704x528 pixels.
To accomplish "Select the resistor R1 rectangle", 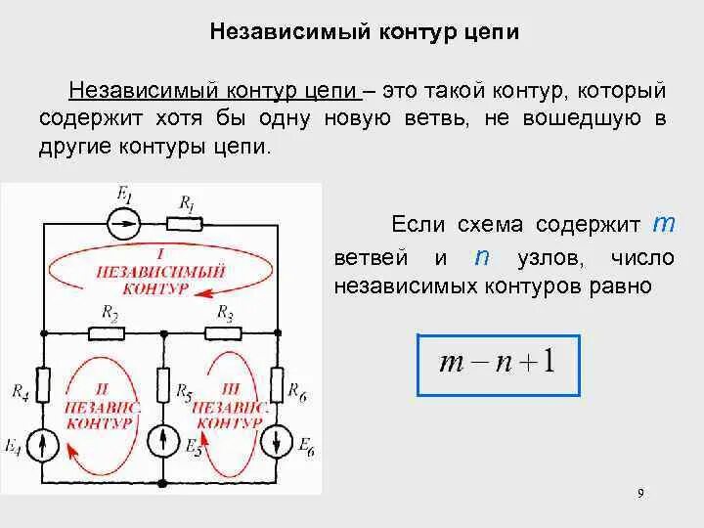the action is [183, 222].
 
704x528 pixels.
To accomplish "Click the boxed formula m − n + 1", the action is [498, 365].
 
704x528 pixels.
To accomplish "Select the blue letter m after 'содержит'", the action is [664, 224].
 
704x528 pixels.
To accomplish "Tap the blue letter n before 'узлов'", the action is [481, 257].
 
